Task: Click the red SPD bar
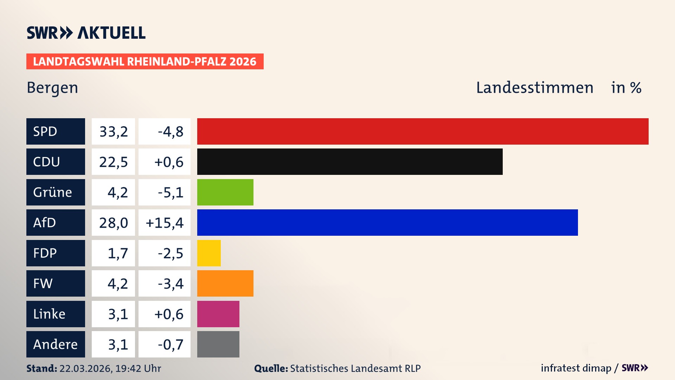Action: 423,131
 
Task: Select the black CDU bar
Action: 350,162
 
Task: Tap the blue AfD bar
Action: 387,222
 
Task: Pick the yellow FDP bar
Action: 209,253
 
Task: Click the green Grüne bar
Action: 225,192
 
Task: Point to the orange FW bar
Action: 225,283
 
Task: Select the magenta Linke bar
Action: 218,314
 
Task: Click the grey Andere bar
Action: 218,344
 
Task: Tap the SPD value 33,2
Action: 114,132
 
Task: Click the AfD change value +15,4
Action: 165,223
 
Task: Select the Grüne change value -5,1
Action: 171,192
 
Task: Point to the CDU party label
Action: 47,162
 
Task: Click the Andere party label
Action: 55,344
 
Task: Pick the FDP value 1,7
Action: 118,253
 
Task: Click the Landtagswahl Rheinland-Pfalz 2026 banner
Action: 145,62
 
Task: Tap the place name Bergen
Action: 52,88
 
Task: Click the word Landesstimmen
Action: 534,88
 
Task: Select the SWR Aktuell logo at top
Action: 86,33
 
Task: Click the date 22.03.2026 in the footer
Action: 85,368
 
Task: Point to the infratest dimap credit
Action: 576,368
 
